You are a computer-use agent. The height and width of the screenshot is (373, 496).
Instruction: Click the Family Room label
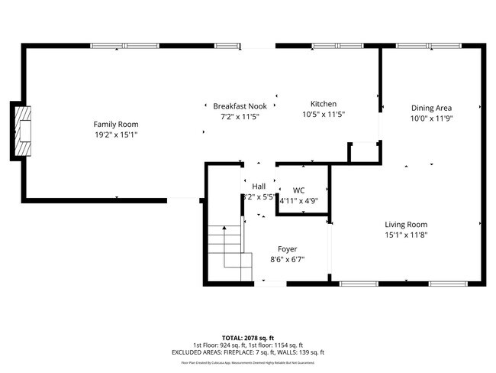click(x=116, y=124)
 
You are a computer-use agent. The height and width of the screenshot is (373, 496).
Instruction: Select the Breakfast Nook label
click(x=240, y=106)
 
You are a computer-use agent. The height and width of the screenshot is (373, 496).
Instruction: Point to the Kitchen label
click(x=323, y=104)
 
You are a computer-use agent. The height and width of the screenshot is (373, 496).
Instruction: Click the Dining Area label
click(x=432, y=108)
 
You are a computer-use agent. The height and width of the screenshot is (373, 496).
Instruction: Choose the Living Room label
click(x=405, y=224)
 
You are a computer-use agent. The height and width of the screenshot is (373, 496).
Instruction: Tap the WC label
click(x=298, y=190)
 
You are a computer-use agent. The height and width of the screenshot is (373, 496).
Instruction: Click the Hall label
click(x=259, y=186)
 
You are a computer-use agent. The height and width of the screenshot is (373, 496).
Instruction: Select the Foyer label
click(x=287, y=249)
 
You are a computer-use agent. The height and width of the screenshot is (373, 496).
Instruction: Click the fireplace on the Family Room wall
click(x=23, y=131)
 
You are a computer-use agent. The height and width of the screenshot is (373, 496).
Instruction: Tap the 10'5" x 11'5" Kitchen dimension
click(x=323, y=115)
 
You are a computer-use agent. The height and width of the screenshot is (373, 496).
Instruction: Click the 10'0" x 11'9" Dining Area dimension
click(x=432, y=118)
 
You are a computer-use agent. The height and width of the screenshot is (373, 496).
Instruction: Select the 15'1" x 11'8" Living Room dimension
click(x=405, y=235)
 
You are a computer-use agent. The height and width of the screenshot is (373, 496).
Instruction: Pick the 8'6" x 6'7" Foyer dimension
click(x=287, y=260)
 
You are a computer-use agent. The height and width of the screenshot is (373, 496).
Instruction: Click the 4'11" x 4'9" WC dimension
click(x=298, y=201)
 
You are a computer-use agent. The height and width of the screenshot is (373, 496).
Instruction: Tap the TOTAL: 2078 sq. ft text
click(x=247, y=337)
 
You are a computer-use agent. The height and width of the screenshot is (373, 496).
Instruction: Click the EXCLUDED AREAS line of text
click(x=247, y=352)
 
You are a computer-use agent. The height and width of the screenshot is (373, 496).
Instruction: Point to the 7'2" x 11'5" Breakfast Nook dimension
click(x=240, y=117)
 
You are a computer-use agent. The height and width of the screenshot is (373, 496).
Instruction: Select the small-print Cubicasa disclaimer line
click(x=247, y=364)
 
